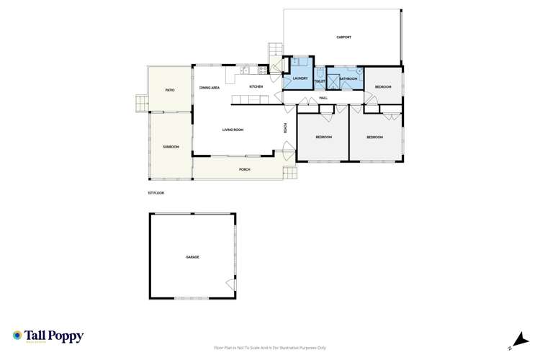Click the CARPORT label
pyautogui.click(x=343, y=37)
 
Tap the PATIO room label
pyautogui.click(x=170, y=90)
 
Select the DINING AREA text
pyautogui.click(x=210, y=87)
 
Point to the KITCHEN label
pyautogui.click(x=256, y=86)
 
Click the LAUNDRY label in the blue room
pyautogui.click(x=300, y=78)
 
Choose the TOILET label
pyautogui.click(x=320, y=81)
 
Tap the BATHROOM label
pyautogui.click(x=348, y=78)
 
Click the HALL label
pyautogui.click(x=323, y=97)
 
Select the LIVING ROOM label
pyautogui.click(x=233, y=130)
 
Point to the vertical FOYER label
pyautogui.click(x=285, y=128)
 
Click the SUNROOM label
pyautogui.click(x=171, y=147)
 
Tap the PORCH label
pyautogui.click(x=245, y=169)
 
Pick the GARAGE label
pyautogui.click(x=192, y=257)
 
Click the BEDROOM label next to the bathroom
pyautogui.click(x=383, y=87)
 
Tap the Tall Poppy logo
pyautogui.click(x=48, y=336)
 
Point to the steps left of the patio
pyautogui.click(x=140, y=104)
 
